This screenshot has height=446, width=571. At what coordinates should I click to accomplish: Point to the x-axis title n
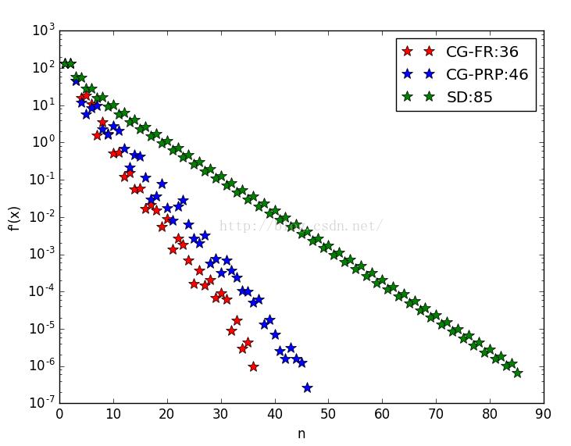(302, 434)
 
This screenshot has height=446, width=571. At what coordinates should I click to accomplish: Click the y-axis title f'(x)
(15, 217)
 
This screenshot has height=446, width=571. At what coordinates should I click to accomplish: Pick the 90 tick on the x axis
(543, 414)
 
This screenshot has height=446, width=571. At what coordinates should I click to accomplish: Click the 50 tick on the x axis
(329, 414)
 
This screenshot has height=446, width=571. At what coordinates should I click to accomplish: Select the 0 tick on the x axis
(60, 414)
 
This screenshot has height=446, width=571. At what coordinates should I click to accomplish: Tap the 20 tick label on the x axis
(167, 414)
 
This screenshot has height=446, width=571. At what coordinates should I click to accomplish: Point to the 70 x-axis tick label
(436, 414)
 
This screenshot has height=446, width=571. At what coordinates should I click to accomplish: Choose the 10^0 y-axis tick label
(43, 143)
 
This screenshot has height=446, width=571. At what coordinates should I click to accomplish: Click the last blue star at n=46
(307, 387)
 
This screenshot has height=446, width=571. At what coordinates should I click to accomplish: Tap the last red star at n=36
(253, 366)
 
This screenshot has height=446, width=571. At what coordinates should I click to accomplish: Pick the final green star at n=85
(517, 373)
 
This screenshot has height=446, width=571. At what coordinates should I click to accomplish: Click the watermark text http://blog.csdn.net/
(301, 227)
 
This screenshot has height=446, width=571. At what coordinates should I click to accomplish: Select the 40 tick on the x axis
(275, 414)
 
